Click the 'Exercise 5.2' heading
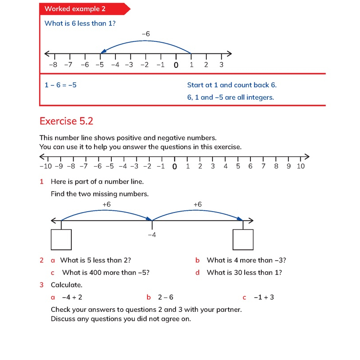pyautogui.click(x=66, y=121)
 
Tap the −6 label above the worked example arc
pyautogui.click(x=145, y=34)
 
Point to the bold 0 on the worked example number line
pyautogui.click(x=176, y=65)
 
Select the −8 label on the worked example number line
pyautogui.click(x=53, y=65)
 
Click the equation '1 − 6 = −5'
pyautogui.click(x=61, y=85)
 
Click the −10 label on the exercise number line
pyautogui.click(x=45, y=166)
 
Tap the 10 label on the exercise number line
pyautogui.click(x=300, y=166)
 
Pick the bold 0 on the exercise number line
pyautogui.click(x=175, y=167)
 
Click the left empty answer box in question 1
pyautogui.click(x=61, y=239)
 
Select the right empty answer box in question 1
pyautogui.click(x=243, y=239)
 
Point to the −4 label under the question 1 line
pyautogui.click(x=152, y=234)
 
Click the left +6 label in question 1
pyautogui.click(x=106, y=205)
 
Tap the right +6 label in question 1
pyautogui.click(x=198, y=205)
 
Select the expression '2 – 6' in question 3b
pyautogui.click(x=166, y=297)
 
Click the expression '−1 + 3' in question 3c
pyautogui.click(x=264, y=297)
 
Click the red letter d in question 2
pyautogui.click(x=197, y=273)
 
